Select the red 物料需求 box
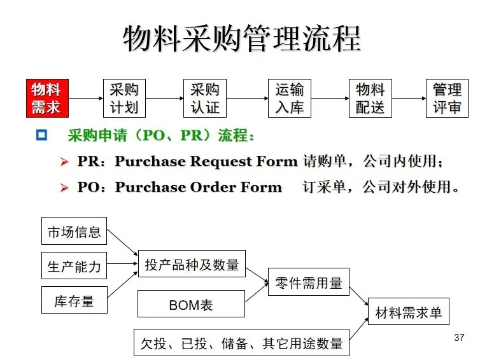point(46,98)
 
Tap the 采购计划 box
point(124,98)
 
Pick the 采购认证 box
point(205,98)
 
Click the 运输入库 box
point(289,98)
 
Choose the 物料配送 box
point(370,98)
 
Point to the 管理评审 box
point(447,98)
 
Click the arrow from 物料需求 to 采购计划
point(85,99)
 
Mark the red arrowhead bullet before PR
point(64,162)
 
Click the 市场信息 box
point(74,232)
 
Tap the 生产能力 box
point(74,266)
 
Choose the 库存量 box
point(74,300)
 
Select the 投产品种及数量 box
point(192,264)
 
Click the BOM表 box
point(191,305)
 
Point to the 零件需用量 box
point(309,282)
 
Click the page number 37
point(460,337)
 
